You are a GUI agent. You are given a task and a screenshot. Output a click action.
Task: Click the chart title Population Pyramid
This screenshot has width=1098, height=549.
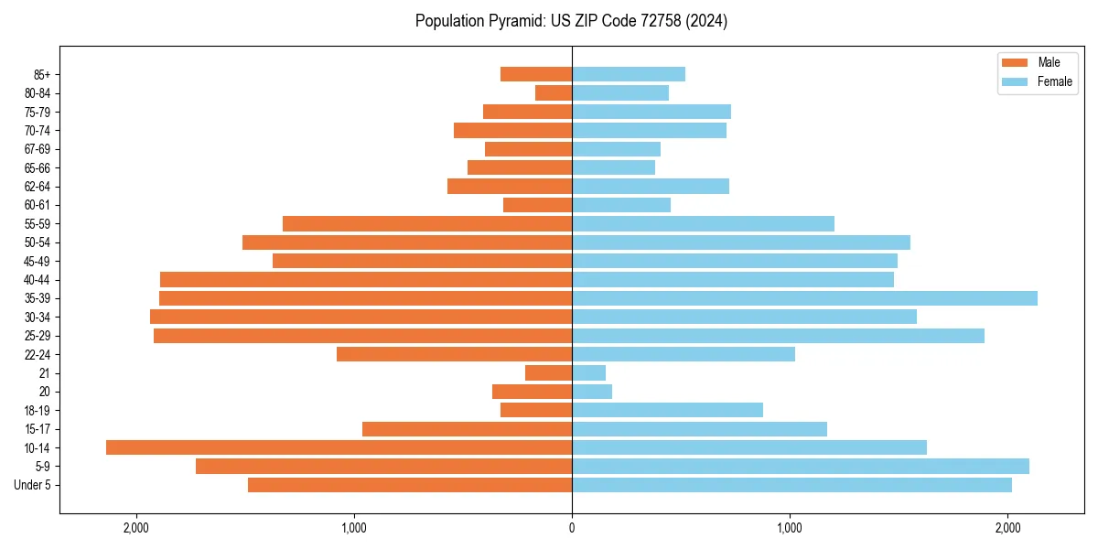click(x=571, y=21)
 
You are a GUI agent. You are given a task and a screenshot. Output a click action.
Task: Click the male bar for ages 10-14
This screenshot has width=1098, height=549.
click(x=339, y=447)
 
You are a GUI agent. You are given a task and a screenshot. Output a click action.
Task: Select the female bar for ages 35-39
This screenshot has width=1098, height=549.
click(x=804, y=298)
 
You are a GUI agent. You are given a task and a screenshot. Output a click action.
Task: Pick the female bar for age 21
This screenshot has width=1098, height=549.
click(x=588, y=373)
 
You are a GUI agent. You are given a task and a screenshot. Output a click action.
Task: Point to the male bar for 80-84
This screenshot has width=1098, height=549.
click(x=554, y=92)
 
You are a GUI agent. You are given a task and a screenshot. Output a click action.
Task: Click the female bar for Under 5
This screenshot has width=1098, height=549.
click(x=791, y=485)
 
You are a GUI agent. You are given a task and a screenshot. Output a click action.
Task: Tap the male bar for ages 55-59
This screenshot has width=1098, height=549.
click(x=427, y=223)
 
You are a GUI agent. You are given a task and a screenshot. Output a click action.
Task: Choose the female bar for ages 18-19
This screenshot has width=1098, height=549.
click(x=667, y=410)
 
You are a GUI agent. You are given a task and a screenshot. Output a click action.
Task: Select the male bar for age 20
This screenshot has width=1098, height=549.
click(x=532, y=392)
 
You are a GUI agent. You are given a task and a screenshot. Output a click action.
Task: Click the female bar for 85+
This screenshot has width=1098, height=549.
click(x=629, y=74)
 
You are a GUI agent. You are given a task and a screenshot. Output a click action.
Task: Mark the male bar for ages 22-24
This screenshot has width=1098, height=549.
click(x=454, y=354)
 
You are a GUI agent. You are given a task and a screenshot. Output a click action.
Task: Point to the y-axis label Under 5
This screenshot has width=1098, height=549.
click(x=32, y=485)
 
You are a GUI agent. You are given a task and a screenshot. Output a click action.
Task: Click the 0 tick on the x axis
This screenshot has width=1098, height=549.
click(x=572, y=528)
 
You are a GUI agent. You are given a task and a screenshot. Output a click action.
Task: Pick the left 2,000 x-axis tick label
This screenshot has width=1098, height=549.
click(x=136, y=528)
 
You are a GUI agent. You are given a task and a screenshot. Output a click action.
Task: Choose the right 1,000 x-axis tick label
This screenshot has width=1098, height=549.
click(x=790, y=528)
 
